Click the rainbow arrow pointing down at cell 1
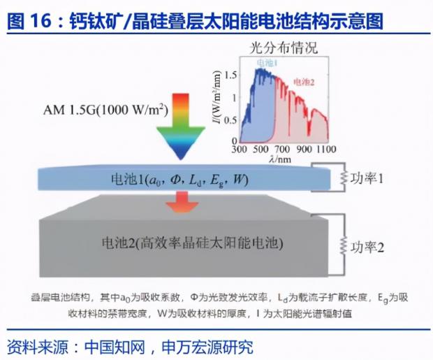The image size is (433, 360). pyautogui.click(x=181, y=127)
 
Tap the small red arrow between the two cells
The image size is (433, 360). pyautogui.click(x=182, y=202)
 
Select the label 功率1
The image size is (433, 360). pyautogui.click(x=367, y=178)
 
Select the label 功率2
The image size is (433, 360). pyautogui.click(x=367, y=247)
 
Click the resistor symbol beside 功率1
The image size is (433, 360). pyautogui.click(x=343, y=178)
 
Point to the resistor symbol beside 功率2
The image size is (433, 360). pyautogui.click(x=343, y=245)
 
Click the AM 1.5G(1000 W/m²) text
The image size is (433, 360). pyautogui.click(x=105, y=110)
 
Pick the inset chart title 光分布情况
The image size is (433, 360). pyautogui.click(x=284, y=48)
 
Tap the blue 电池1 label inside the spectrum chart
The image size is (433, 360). pyautogui.click(x=267, y=64)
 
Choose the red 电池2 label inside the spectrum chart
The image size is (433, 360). pyautogui.click(x=304, y=82)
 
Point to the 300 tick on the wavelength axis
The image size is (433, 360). pyautogui.click(x=239, y=150)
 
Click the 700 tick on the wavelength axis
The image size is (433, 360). pyautogui.click(x=282, y=150)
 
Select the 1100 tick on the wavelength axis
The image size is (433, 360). pyautogui.click(x=326, y=150)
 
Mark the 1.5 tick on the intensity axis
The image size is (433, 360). pyautogui.click(x=230, y=75)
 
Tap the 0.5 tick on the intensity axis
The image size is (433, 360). pyautogui.click(x=230, y=120)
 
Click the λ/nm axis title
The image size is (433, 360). pyautogui.click(x=280, y=159)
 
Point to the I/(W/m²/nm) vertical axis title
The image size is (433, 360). pyautogui.click(x=218, y=97)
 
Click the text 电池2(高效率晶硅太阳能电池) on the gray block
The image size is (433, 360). pyautogui.click(x=193, y=243)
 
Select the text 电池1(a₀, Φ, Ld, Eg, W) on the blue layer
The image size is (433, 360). pyautogui.click(x=179, y=180)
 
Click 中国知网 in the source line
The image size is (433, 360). pyautogui.click(x=115, y=347)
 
